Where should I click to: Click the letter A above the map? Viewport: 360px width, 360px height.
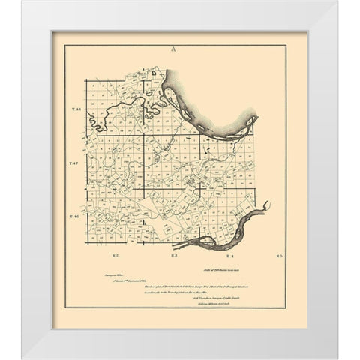point(173,49)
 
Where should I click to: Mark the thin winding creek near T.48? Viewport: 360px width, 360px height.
point(120,109)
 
